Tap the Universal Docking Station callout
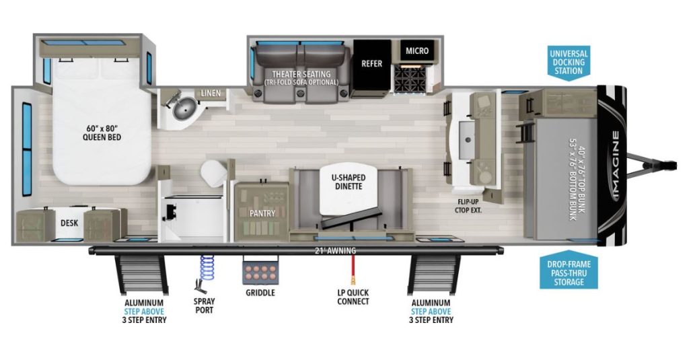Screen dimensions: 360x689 point(569,63)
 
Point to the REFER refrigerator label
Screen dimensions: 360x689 point(371,64)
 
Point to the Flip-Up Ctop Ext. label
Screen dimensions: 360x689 point(468,205)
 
